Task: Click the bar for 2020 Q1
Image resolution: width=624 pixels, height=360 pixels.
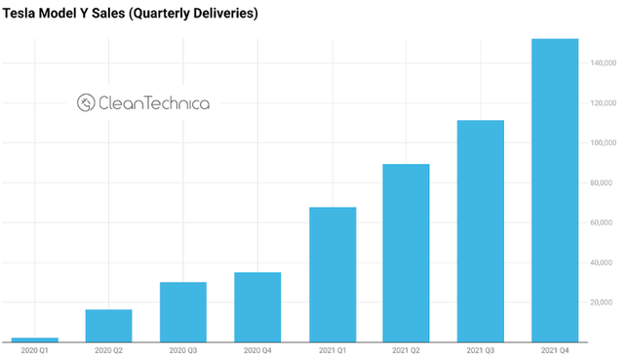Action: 34,340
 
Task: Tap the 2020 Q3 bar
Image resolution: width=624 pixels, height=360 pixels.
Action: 182,312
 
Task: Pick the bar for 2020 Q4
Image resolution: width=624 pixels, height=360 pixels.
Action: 257,307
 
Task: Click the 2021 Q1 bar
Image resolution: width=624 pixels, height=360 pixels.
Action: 331,274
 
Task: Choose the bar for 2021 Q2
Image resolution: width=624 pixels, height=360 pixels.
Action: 406,253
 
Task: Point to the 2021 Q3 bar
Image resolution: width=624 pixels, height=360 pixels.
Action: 480,231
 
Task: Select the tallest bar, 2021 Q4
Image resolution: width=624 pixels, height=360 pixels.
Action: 554,190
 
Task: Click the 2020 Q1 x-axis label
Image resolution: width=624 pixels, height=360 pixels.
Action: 34,350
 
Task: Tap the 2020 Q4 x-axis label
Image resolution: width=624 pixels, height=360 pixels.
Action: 257,350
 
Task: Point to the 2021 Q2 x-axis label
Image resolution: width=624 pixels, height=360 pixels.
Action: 406,350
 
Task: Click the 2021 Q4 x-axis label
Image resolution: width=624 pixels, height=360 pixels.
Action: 554,350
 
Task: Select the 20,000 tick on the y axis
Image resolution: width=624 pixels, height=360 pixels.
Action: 603,302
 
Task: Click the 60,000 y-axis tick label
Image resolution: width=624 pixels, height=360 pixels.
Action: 603,222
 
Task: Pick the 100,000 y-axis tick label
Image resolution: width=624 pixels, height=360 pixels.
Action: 601,143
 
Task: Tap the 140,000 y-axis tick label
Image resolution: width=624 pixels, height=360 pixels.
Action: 601,63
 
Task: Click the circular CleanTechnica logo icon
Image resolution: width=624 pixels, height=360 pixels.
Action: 86,102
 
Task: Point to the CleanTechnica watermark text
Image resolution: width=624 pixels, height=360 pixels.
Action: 154,102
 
